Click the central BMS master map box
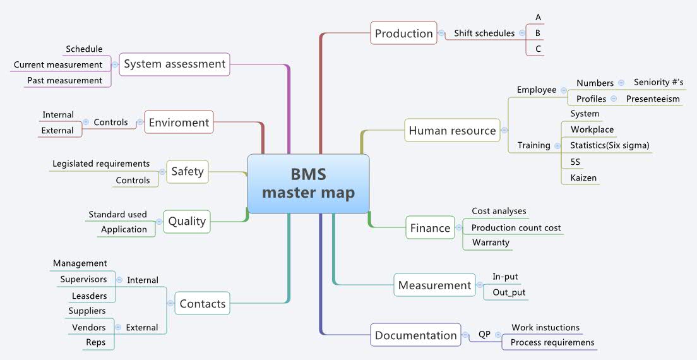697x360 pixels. [308, 184]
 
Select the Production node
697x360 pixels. [404, 33]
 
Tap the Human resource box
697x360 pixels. [452, 131]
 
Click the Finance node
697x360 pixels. [430, 228]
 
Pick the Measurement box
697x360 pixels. [434, 285]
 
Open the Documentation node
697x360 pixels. [415, 335]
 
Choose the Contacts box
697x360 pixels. [202, 304]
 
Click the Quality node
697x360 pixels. [187, 221]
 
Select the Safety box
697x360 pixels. [187, 171]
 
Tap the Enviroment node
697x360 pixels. [179, 123]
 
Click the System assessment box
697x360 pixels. [174, 64]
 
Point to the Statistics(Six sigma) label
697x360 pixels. [609, 145]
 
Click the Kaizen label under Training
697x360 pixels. [583, 178]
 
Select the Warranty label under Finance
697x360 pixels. [490, 243]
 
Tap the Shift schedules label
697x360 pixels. [484, 33]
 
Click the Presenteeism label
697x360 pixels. [653, 99]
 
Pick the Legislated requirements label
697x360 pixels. [101, 164]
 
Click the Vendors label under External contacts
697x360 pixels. [89, 327]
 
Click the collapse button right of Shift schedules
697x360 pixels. [521, 33]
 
